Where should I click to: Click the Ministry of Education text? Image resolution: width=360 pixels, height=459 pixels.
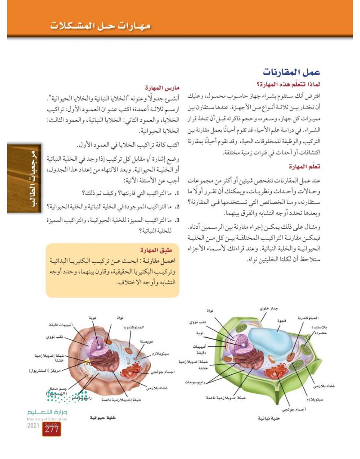[x=47, y=419]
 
